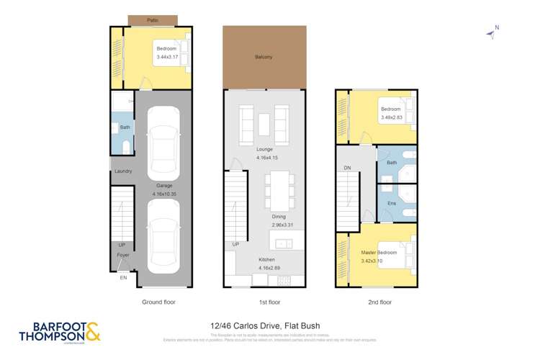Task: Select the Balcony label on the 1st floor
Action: coord(263,57)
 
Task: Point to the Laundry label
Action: coord(122,171)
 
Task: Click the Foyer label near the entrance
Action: coord(123,253)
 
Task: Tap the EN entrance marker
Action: coord(123,276)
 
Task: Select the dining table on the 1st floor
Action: coord(278,189)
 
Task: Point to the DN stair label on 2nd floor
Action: coord(347,168)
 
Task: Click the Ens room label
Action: coord(392,204)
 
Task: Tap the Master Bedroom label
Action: coord(378,253)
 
